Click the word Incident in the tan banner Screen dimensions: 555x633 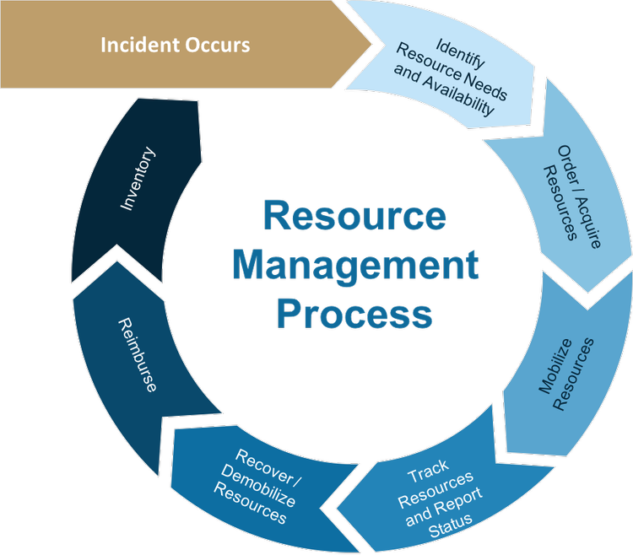click(x=136, y=45)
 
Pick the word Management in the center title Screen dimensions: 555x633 click(x=355, y=266)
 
